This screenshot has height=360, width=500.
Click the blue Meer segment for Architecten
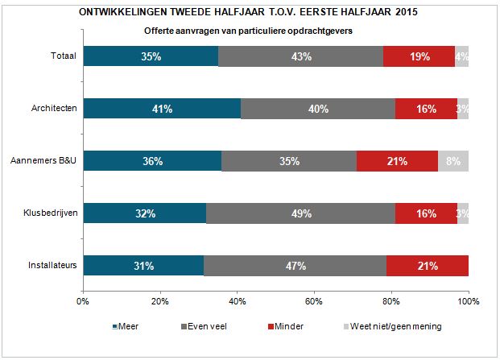click(x=161, y=109)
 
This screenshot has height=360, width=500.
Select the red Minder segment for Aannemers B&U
click(x=397, y=161)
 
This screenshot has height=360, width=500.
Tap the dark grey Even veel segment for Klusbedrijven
click(x=301, y=213)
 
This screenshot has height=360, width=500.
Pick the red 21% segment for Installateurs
click(x=427, y=266)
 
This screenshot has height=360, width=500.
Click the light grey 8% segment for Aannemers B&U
click(x=453, y=161)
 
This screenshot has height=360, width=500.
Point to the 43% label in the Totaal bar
click(x=301, y=56)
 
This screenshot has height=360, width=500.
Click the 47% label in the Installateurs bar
click(x=294, y=266)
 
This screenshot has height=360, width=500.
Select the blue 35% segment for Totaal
click(x=150, y=56)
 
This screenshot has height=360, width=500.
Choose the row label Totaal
click(x=64, y=56)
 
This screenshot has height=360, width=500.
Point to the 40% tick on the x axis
click(x=237, y=301)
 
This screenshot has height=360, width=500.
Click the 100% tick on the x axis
click(x=468, y=301)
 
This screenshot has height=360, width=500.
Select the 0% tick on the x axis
click(x=82, y=301)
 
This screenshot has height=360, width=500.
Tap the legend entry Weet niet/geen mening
click(x=394, y=326)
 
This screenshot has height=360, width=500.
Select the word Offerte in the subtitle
click(x=159, y=31)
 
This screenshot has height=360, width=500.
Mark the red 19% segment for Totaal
click(x=419, y=56)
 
